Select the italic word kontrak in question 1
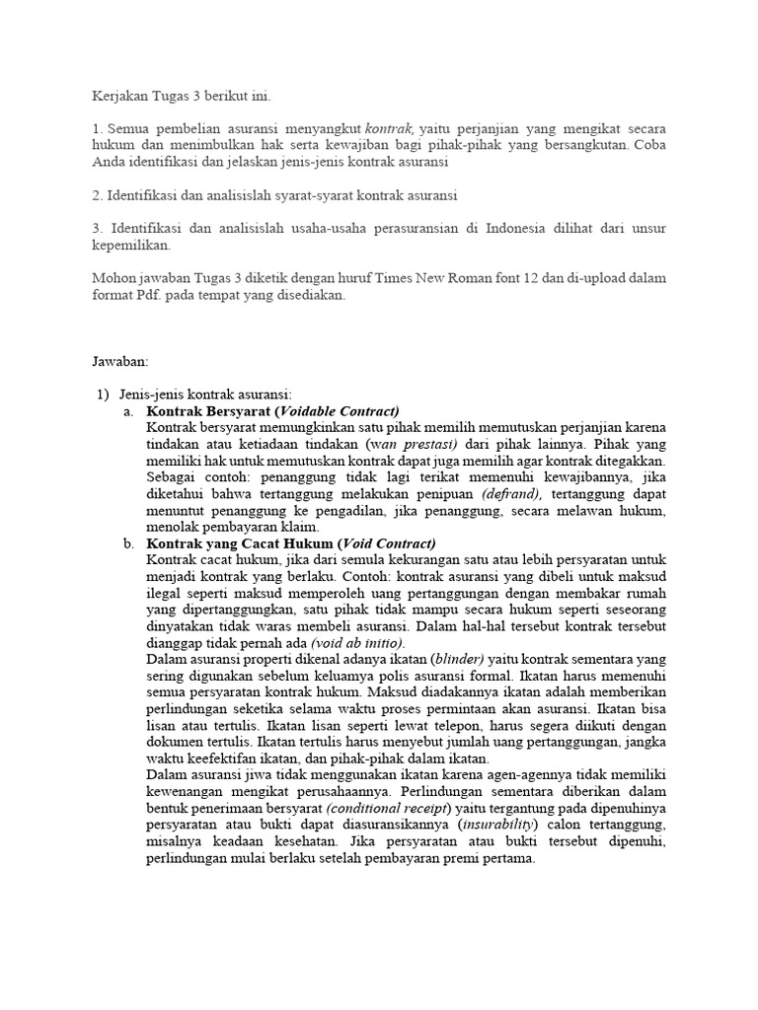[389, 128]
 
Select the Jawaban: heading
[118, 362]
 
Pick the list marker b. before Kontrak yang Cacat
[129, 542]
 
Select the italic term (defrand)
[510, 493]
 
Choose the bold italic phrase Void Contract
[387, 542]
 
